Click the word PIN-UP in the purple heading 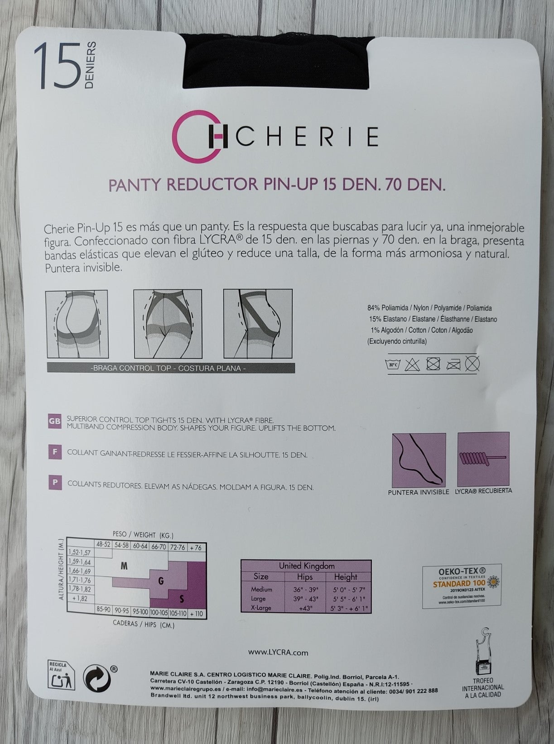[x=284, y=185]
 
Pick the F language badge [x=54, y=452]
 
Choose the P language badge [x=54, y=483]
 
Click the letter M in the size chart [x=125, y=566]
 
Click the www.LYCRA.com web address [x=278, y=653]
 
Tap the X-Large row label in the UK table [x=261, y=607]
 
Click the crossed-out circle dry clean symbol [x=473, y=363]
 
